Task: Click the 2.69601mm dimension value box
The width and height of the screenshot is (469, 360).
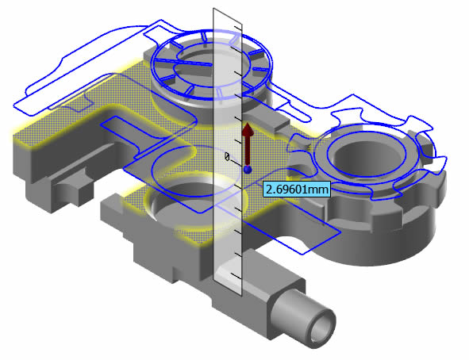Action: click(x=297, y=189)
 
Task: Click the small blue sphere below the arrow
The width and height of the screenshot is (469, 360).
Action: click(x=248, y=170)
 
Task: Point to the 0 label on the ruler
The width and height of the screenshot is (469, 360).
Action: click(x=227, y=156)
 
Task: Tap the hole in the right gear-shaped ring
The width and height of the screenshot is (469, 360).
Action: click(x=367, y=157)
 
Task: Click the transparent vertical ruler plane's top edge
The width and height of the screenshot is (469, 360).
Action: click(x=227, y=16)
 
